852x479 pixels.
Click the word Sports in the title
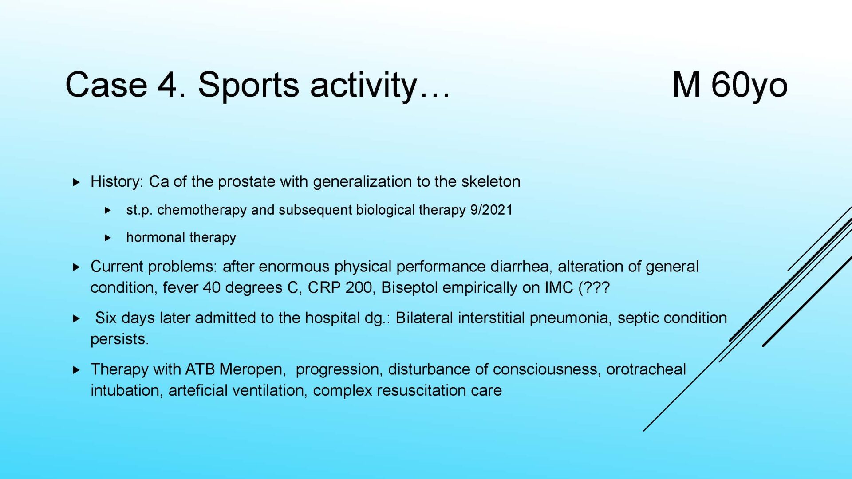click(248, 85)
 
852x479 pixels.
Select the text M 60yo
click(730, 85)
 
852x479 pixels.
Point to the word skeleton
click(491, 181)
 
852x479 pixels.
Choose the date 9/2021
click(491, 210)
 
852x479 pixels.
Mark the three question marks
click(597, 288)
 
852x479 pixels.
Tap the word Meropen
click(251, 369)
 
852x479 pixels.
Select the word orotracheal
click(646, 369)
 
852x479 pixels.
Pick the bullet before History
click(76, 182)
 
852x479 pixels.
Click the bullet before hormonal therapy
click(108, 238)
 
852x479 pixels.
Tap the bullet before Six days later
click(76, 318)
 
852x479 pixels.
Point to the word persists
click(119, 339)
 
